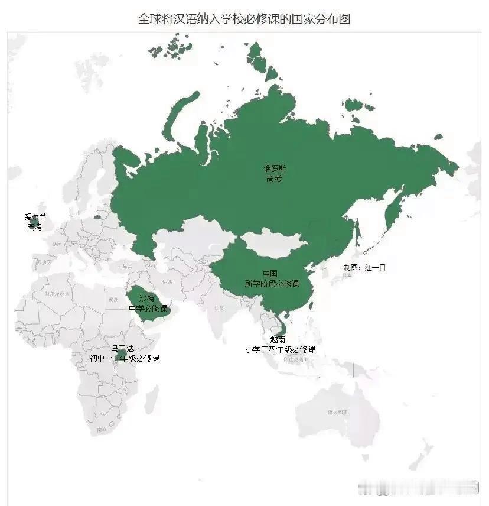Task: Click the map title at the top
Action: (x=244, y=19)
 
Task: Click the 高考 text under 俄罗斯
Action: (x=273, y=178)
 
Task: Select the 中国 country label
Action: (x=270, y=274)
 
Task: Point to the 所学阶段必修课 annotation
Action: (x=272, y=284)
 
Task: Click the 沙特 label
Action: (x=148, y=299)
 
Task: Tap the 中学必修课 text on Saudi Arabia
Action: (x=148, y=309)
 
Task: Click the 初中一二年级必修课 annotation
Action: (x=124, y=358)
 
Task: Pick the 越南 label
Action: (x=278, y=339)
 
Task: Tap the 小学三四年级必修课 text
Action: (x=280, y=349)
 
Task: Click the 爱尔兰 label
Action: (x=35, y=217)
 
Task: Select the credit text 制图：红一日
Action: (x=364, y=267)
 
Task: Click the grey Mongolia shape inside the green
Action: (x=275, y=242)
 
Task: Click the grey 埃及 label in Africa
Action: (x=113, y=300)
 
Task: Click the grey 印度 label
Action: (x=220, y=307)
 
